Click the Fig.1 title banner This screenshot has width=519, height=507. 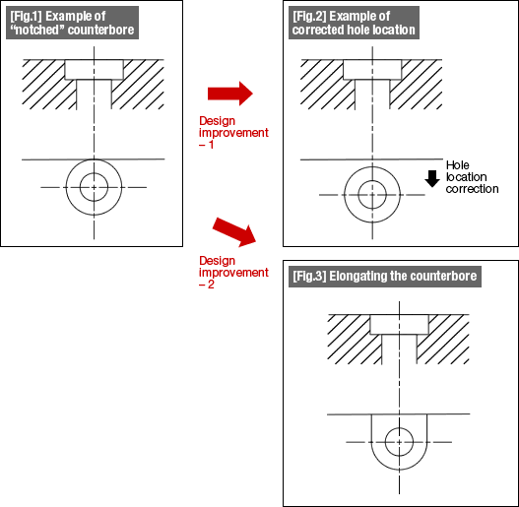72,23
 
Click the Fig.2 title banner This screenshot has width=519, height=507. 354,23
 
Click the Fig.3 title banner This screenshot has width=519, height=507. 385,277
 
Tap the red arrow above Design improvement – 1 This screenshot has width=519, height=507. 230,94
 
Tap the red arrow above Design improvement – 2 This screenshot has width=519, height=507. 234,232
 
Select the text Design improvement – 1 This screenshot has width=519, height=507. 233,132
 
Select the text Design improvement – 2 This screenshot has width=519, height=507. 233,273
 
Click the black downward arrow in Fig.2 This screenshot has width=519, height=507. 432,179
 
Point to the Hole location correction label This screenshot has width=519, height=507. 472,177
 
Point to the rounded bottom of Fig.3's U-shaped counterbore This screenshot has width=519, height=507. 399,470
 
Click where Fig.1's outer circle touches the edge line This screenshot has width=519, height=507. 94,159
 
